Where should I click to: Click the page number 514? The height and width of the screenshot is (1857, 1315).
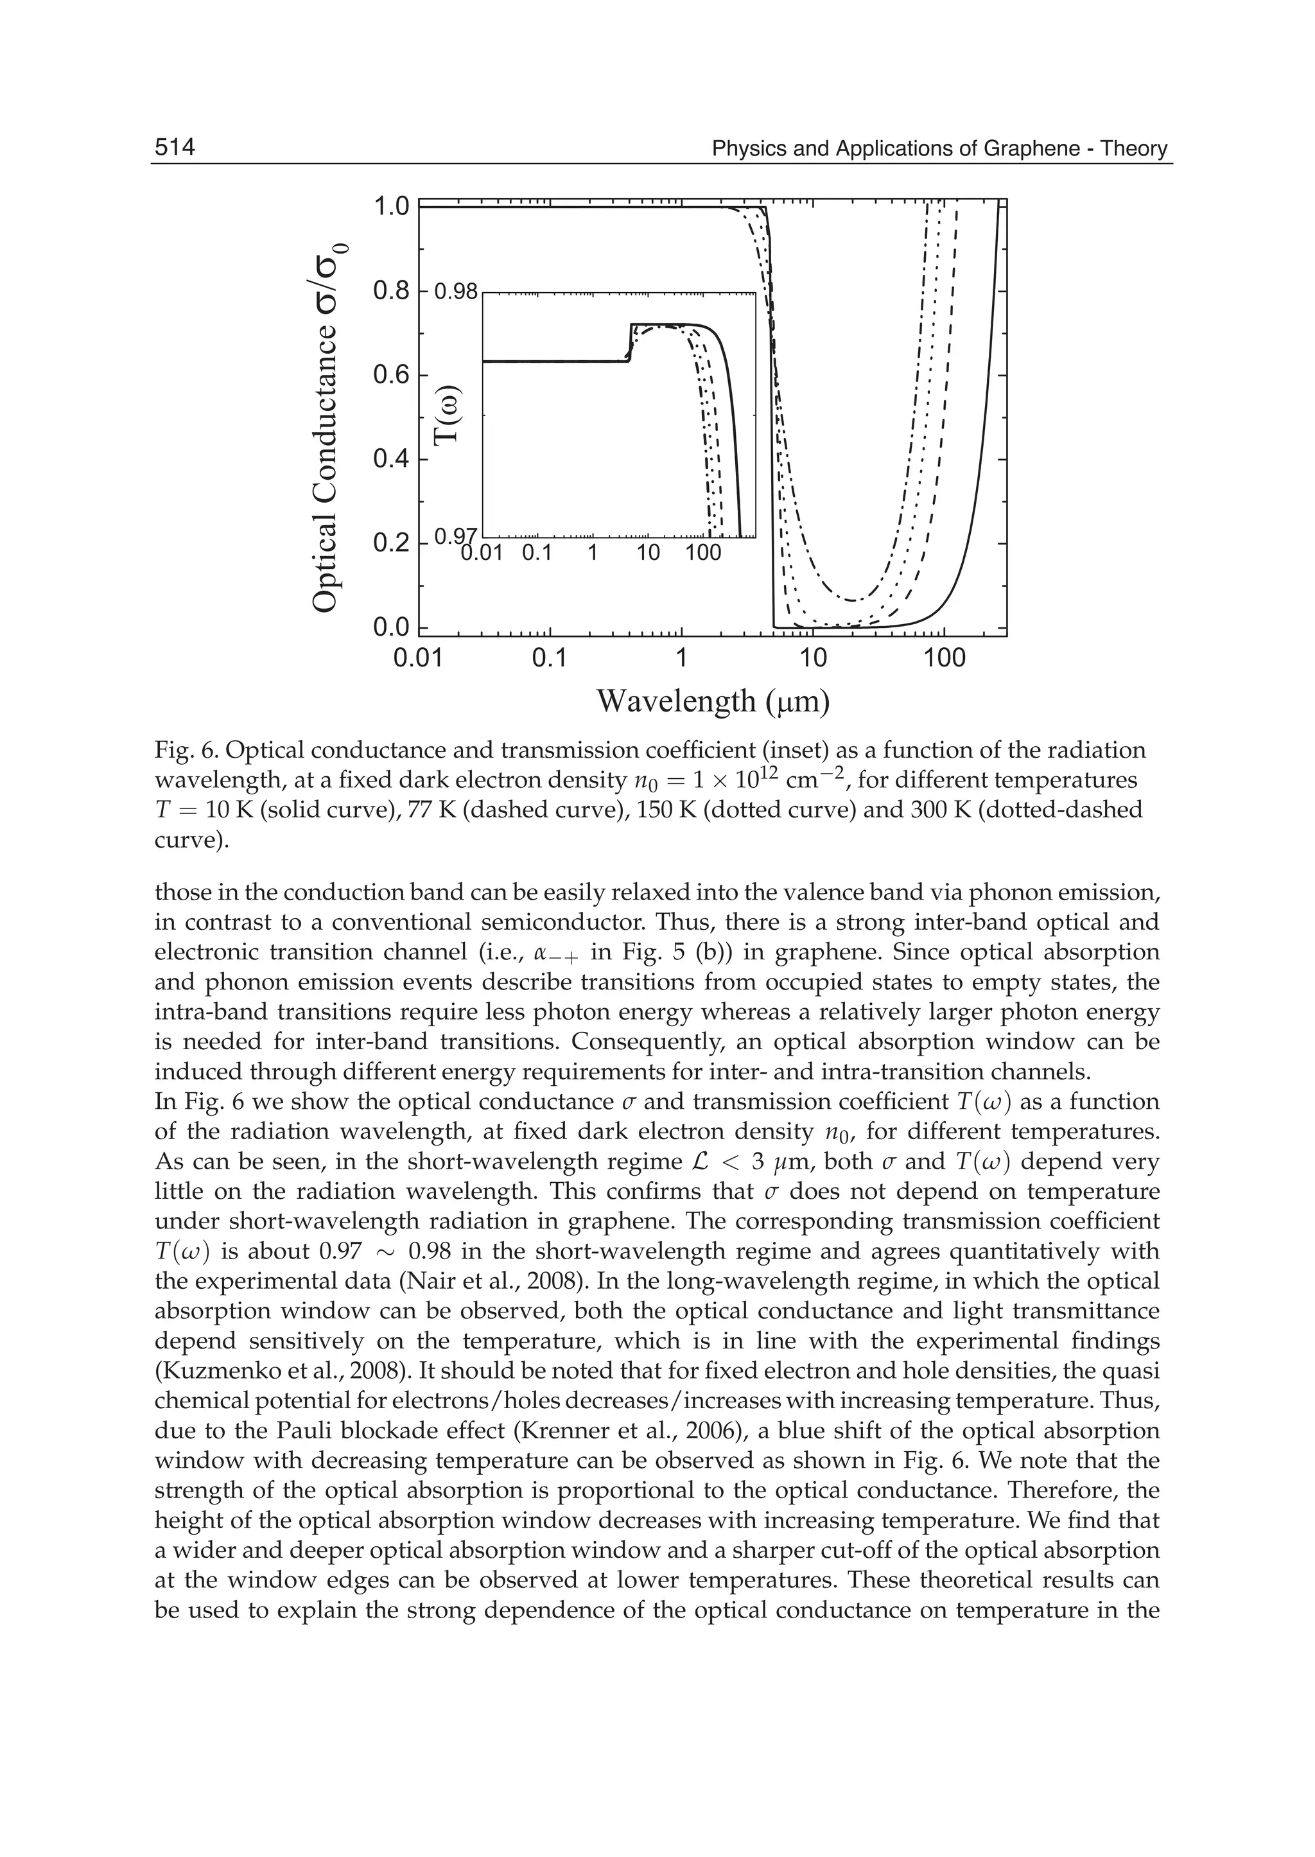(x=175, y=148)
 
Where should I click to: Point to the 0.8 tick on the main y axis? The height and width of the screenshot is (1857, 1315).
(x=391, y=291)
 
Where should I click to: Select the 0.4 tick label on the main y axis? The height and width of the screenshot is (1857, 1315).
(x=391, y=460)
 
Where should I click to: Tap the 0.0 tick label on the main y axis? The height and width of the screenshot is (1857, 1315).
(x=391, y=629)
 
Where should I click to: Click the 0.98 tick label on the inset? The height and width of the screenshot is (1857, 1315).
(x=457, y=291)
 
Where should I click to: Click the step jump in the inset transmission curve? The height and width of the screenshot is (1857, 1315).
(x=630, y=344)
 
